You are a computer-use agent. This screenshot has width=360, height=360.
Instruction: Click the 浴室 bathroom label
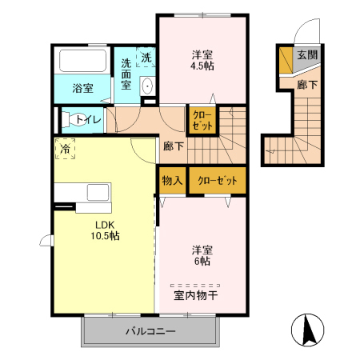[x=82, y=88]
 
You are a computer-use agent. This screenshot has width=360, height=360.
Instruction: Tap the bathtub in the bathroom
[x=83, y=62]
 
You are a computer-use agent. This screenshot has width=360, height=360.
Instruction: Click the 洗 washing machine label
[x=147, y=58]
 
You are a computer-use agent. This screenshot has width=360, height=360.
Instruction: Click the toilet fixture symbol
[x=68, y=119]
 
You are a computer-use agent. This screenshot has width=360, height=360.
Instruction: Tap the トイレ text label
[x=89, y=120]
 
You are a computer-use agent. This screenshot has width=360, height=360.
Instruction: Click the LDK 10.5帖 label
[x=103, y=230]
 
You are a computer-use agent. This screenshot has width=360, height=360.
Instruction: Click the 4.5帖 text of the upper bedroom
[x=201, y=66]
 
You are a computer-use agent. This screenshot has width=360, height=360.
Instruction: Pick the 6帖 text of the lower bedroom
[x=201, y=261]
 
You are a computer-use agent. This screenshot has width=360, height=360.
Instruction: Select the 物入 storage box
[x=171, y=181]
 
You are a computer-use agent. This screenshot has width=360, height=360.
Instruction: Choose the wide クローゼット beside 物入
[x=218, y=181]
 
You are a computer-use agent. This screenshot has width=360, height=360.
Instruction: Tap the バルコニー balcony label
[x=150, y=331]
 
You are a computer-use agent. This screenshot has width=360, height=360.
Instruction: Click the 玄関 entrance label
[x=306, y=56]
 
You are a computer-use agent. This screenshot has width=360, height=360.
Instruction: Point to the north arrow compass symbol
[x=308, y=329]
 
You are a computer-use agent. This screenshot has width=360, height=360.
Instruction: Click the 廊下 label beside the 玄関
[x=306, y=83]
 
